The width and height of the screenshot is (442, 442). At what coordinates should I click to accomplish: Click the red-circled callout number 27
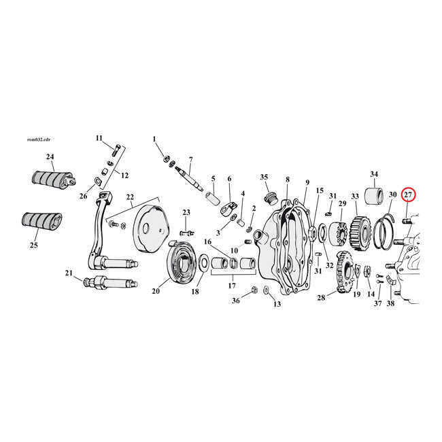[409, 195]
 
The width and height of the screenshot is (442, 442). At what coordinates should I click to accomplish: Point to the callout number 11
[99, 137]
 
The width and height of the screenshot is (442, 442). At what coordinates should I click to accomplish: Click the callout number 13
[277, 304]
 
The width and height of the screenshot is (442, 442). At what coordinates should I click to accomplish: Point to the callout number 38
[390, 304]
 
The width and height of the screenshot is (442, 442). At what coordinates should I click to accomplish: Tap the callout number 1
[154, 139]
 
